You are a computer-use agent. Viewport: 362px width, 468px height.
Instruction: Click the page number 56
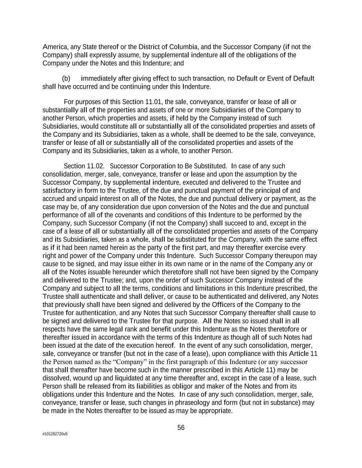(181, 428)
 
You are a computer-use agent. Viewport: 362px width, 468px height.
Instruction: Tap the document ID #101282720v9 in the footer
(55, 434)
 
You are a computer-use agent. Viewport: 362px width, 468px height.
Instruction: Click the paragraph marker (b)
(66, 79)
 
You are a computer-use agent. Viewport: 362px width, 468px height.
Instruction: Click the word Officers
(224, 305)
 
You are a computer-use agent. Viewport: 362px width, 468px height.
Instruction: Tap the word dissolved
(56, 378)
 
